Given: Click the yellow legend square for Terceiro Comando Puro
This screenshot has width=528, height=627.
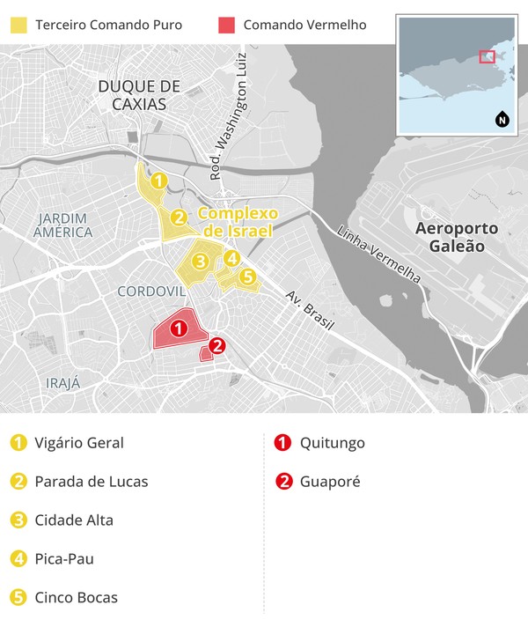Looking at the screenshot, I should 18,25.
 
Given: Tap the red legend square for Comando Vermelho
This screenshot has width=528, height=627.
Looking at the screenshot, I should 226,25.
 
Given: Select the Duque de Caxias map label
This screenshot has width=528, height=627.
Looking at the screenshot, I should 139,94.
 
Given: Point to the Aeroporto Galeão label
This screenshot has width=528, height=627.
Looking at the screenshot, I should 457,237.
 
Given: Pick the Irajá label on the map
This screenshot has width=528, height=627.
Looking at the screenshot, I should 62,383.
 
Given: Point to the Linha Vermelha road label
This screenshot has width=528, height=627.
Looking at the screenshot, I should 379,254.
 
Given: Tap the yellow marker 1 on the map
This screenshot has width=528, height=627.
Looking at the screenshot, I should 158,181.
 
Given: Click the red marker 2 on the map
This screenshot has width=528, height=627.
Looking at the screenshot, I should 217,346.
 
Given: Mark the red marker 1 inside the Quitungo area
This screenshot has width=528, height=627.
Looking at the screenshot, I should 178,329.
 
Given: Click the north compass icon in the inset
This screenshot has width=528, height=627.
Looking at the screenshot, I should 502,120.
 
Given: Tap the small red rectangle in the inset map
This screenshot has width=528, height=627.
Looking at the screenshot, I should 487,56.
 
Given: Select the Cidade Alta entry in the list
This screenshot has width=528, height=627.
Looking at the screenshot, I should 74,520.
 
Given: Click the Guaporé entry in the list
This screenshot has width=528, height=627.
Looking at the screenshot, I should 329,482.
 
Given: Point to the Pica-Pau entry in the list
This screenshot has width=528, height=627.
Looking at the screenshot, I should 64,559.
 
